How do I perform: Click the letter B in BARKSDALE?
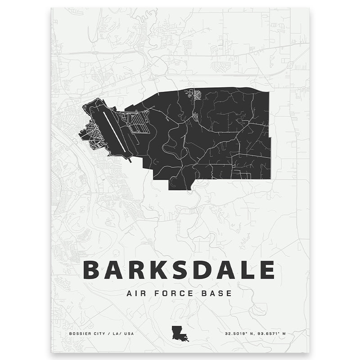click(x=93, y=270)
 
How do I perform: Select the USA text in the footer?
click(x=129, y=334)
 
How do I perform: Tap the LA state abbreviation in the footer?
click(x=115, y=334)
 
